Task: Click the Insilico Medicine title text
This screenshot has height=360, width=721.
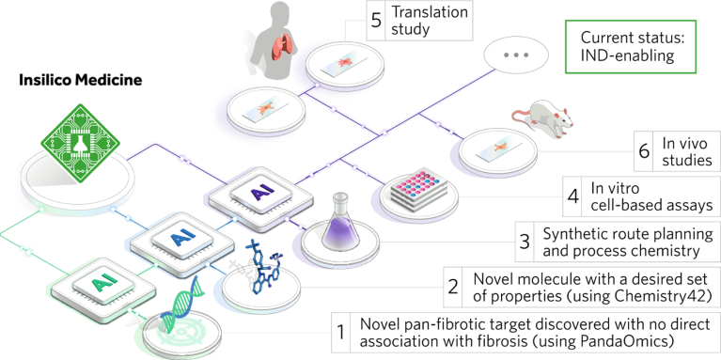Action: [x=80, y=80]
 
